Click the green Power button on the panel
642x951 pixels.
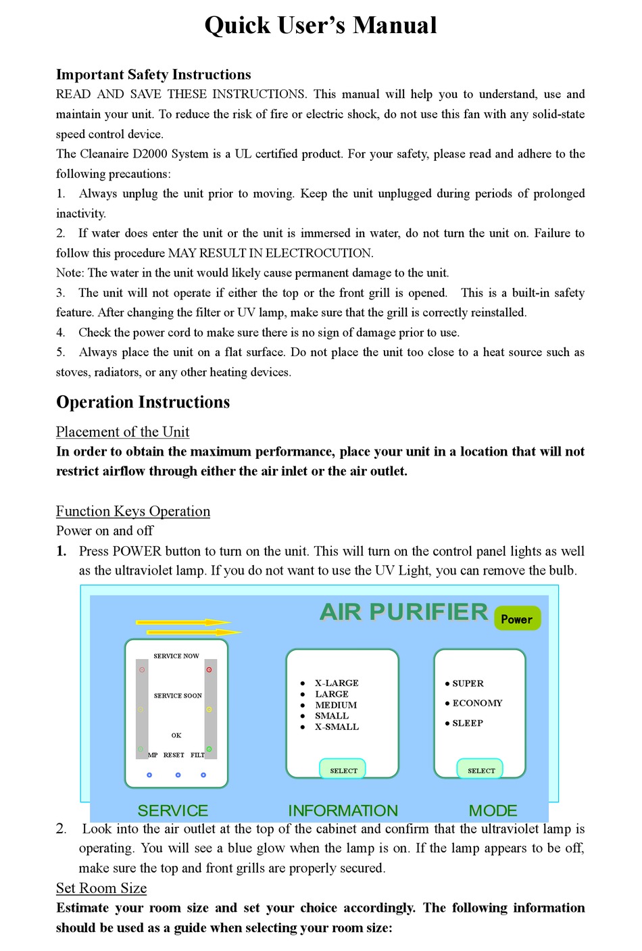click(517, 618)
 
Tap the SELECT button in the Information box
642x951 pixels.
click(343, 770)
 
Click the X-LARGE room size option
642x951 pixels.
click(336, 683)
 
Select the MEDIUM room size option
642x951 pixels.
click(335, 705)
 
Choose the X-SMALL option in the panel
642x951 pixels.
click(336, 727)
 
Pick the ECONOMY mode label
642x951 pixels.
click(476, 703)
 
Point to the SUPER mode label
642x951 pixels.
click(467, 683)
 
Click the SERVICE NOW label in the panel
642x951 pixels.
click(176, 656)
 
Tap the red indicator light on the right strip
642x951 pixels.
click(209, 670)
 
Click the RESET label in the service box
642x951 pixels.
click(174, 755)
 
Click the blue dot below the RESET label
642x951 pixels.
click(178, 775)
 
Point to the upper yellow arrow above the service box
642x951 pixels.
click(182, 622)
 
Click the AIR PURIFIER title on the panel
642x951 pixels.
click(403, 612)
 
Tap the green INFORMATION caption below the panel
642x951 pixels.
click(343, 810)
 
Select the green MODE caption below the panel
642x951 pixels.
click(493, 810)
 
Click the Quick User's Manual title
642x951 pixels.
click(320, 26)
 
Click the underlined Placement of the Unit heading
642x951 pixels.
click(122, 432)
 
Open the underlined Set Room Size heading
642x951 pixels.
click(101, 888)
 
